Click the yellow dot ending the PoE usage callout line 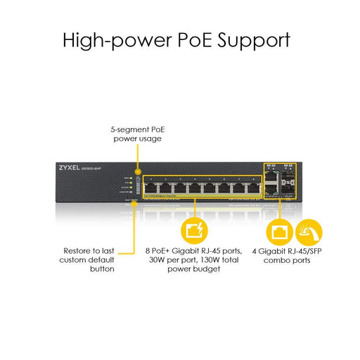coord(139,171)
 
